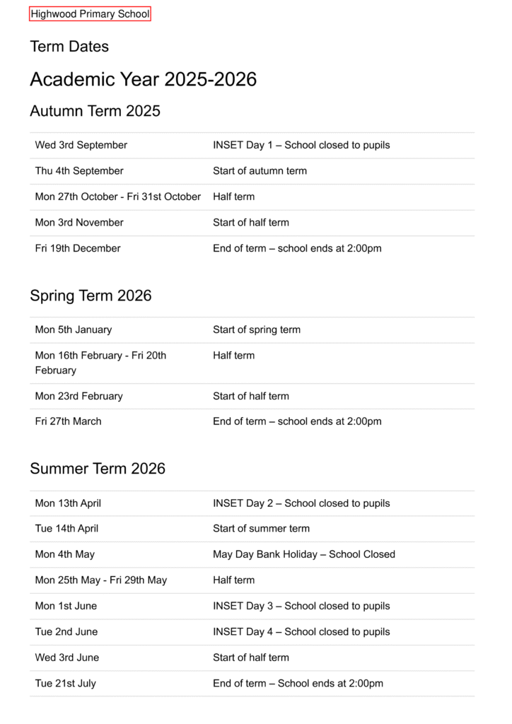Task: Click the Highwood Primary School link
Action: point(90,14)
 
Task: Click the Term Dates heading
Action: point(69,47)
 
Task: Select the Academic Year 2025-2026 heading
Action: point(143,79)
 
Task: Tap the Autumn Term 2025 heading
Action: point(95,111)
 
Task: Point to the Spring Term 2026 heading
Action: point(91,296)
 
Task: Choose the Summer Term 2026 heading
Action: point(98,469)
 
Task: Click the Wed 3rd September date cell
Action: point(81,145)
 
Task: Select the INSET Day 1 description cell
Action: point(301,145)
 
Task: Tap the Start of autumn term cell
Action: point(260,171)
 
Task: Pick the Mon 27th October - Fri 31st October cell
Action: point(118,197)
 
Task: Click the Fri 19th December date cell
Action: point(78,248)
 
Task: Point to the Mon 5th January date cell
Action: point(74,329)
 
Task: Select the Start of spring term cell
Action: point(257,329)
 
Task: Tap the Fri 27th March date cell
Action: point(69,421)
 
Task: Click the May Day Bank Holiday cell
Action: point(304,554)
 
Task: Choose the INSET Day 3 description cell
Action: point(301,606)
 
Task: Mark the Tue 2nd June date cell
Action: point(66,632)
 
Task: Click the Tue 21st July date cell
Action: point(66,684)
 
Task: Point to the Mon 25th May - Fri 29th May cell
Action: point(101,580)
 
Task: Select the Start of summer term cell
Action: point(261,528)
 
